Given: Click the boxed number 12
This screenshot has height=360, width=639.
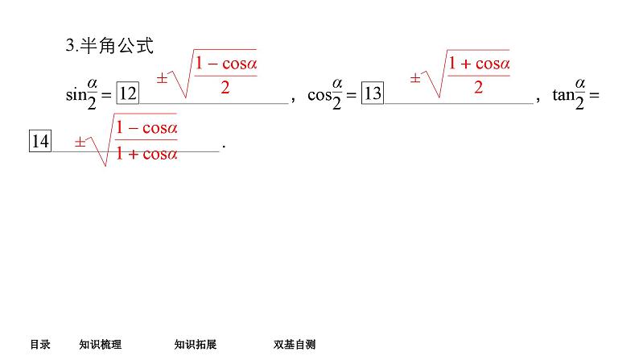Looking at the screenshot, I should (x=128, y=94).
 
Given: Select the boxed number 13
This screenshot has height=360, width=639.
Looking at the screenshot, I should (x=372, y=94).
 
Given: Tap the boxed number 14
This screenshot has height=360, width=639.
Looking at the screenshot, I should (x=40, y=143).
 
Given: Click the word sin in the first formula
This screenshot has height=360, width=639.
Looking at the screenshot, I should (x=75, y=95).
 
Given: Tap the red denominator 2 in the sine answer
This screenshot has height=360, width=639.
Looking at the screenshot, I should (x=225, y=88).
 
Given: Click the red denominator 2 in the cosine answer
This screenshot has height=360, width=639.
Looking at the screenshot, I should (x=478, y=88).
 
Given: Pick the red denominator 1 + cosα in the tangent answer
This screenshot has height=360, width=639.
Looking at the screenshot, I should (x=146, y=154).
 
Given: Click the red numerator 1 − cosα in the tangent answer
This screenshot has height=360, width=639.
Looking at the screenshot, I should (x=146, y=128).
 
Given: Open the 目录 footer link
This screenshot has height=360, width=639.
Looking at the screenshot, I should (x=40, y=345).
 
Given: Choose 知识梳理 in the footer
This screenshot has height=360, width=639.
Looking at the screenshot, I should (x=101, y=345).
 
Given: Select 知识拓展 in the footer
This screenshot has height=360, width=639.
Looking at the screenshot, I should (x=196, y=345).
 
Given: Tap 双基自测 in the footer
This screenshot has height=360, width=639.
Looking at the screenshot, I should (x=295, y=345).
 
